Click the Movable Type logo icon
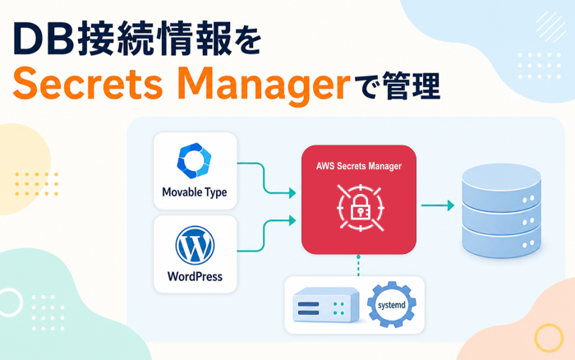[x=194, y=160]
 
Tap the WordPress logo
[x=195, y=245]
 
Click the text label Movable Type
[x=195, y=192]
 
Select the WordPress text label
[x=195, y=276]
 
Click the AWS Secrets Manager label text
[x=359, y=166]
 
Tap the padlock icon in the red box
[x=361, y=208]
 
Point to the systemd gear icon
[x=392, y=305]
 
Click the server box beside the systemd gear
[x=325, y=305]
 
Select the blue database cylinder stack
[x=501, y=210]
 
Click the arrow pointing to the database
[x=438, y=205]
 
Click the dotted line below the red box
[x=358, y=265]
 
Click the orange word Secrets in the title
[x=88, y=84]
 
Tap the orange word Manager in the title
[x=266, y=86]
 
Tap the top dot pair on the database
[x=528, y=200]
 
